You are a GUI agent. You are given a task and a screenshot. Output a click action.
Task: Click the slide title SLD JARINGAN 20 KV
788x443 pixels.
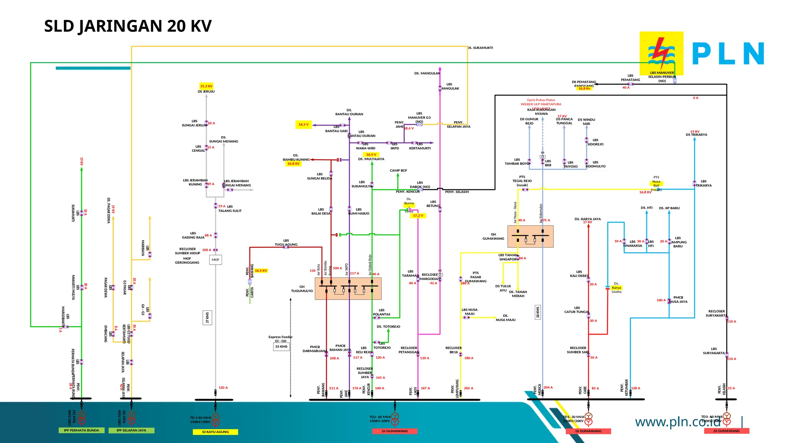tap(128, 26)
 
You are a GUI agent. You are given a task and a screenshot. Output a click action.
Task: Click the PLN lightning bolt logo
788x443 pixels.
tap(661, 53)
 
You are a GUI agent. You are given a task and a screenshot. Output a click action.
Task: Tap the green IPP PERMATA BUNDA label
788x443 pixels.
tap(81, 430)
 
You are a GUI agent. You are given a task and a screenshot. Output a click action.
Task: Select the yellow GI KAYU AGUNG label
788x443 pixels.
tap(215, 432)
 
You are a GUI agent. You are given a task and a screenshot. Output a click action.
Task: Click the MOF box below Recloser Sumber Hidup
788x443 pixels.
tap(215, 260)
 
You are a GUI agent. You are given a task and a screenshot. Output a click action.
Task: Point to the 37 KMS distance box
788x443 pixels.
tap(207, 318)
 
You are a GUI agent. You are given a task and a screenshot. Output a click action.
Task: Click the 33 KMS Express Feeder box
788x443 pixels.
tap(281, 346)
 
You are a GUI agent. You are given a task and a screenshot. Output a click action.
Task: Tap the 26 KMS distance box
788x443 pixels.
tap(538, 312)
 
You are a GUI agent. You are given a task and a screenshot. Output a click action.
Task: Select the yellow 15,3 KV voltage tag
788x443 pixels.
tap(206, 86)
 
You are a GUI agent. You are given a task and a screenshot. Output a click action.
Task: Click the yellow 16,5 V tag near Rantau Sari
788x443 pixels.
tap(303, 125)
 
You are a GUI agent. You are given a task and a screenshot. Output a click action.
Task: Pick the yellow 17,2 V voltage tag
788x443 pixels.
tap(418, 216)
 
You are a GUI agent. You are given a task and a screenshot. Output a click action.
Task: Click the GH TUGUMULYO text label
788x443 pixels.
tap(302, 289)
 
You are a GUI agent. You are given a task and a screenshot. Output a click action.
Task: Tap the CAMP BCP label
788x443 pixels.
tap(398, 170)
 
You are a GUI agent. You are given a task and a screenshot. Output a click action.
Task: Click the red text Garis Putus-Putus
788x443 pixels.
tap(541, 100)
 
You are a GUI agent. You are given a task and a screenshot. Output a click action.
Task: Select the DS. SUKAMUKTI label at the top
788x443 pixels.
tap(480, 48)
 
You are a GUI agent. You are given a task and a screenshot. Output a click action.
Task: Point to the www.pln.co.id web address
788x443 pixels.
tap(678, 422)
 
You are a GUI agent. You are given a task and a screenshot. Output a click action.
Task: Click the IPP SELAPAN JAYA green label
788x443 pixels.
tap(131, 430)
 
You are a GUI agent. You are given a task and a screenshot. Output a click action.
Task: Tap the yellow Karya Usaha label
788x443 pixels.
tap(616, 288)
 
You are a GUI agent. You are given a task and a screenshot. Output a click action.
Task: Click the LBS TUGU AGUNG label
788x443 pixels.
tap(286, 243)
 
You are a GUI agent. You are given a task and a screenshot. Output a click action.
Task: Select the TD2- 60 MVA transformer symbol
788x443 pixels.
tap(395, 419)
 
